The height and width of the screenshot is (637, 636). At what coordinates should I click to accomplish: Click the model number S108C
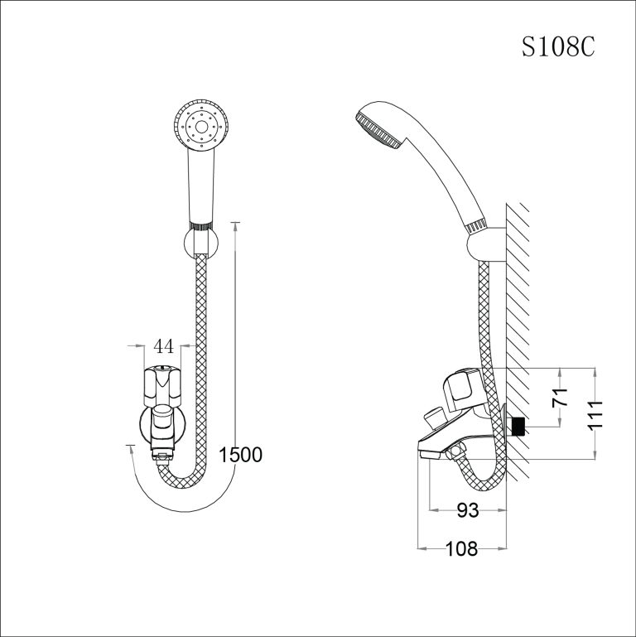click(x=557, y=47)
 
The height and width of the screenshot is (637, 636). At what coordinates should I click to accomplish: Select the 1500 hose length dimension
click(x=240, y=454)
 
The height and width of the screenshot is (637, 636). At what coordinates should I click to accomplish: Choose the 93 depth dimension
click(x=468, y=511)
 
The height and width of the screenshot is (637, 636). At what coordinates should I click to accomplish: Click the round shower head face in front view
click(x=199, y=125)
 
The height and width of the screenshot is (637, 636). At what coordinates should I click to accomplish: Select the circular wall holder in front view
click(x=199, y=244)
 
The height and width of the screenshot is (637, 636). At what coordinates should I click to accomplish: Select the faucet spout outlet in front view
click(x=162, y=452)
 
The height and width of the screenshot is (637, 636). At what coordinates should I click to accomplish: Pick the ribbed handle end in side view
click(x=475, y=225)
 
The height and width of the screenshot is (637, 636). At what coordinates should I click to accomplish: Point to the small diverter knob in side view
click(x=434, y=416)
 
